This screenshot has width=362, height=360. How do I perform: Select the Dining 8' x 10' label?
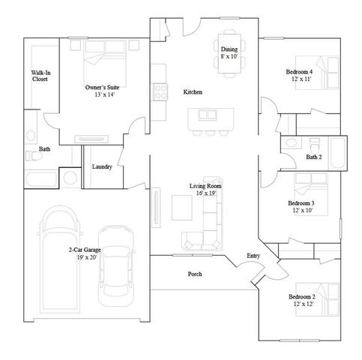[x=229, y=52]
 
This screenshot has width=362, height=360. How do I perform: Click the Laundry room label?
[x=102, y=166]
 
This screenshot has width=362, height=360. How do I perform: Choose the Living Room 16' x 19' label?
[x=205, y=189]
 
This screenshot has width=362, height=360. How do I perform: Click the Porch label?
[x=194, y=274]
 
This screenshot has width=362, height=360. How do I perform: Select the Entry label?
[x=254, y=256]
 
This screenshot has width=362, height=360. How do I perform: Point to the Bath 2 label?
[x=314, y=157]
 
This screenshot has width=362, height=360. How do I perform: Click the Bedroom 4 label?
[x=299, y=75]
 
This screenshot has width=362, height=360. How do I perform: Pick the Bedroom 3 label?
[x=301, y=206]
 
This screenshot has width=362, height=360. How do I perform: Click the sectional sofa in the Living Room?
[x=203, y=229]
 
